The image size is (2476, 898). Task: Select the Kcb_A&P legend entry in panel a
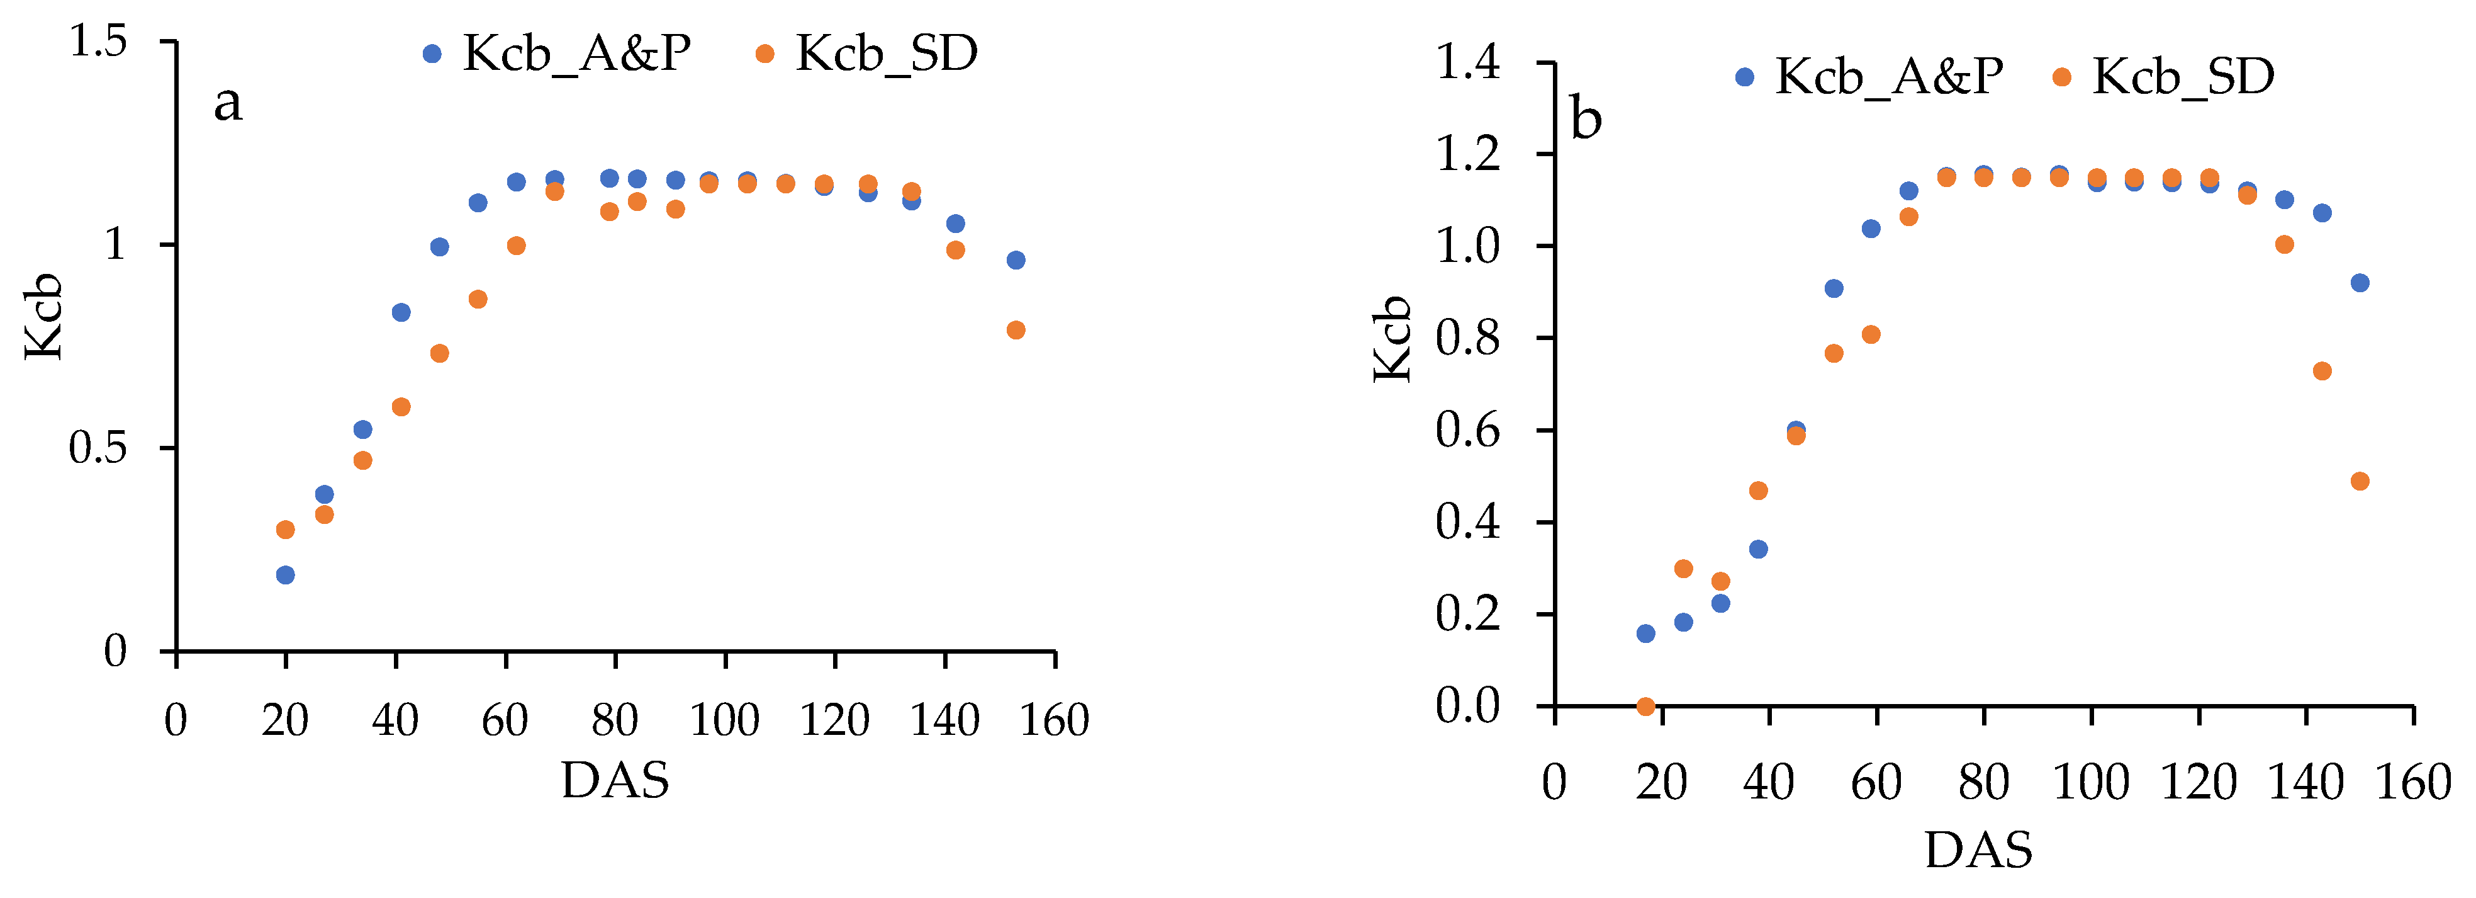(x=557, y=54)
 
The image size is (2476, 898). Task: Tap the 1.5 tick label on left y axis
(x=98, y=42)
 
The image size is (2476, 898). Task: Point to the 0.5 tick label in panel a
(x=98, y=447)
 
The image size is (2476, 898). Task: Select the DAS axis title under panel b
(x=1979, y=850)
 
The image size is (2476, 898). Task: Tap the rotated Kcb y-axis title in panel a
(x=44, y=317)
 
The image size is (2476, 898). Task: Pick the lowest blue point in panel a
(x=286, y=575)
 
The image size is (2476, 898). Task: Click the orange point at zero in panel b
(x=1645, y=707)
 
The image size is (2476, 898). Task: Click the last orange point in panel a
(x=1016, y=331)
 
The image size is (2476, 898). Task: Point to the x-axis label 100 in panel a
(x=725, y=721)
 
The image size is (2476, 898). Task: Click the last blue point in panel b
(x=2360, y=283)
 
